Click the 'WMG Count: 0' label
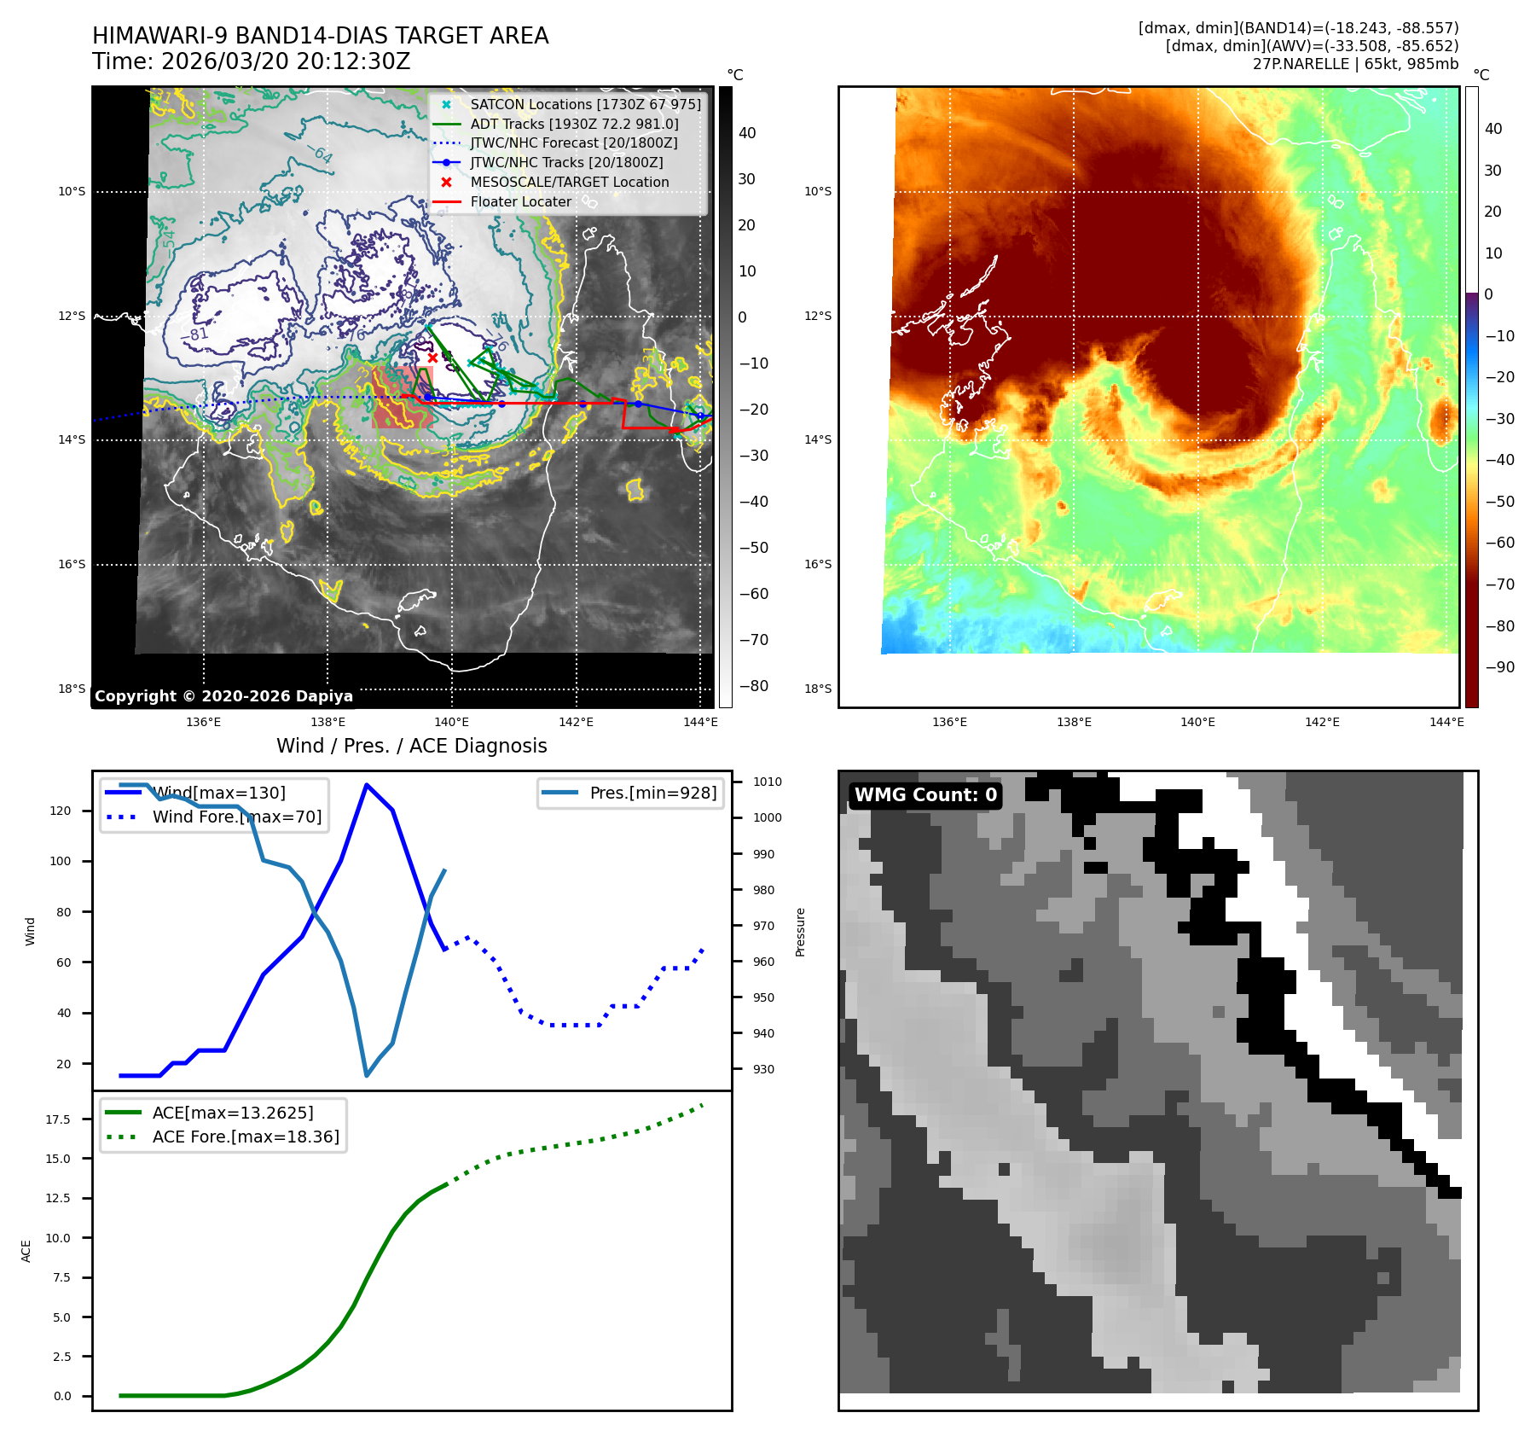[x=925, y=795]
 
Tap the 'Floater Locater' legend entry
[x=520, y=202]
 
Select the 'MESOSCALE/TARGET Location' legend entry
[x=569, y=183]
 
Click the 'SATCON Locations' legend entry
[x=585, y=105]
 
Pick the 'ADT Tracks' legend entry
[x=574, y=125]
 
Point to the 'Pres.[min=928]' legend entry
[x=652, y=793]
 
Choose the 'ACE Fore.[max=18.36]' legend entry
[x=245, y=1137]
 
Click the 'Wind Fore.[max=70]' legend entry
[x=236, y=817]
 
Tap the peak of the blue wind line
[x=367, y=785]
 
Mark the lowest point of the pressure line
[x=367, y=1075]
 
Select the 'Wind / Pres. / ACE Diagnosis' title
[x=411, y=746]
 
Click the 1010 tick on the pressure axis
[x=767, y=782]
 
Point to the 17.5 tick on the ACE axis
[x=58, y=1119]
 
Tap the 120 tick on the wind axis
[x=61, y=811]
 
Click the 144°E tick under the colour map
[x=1446, y=723]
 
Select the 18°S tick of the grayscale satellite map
[x=72, y=689]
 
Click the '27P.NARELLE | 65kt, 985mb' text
[x=1355, y=64]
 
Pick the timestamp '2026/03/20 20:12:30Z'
[x=286, y=62]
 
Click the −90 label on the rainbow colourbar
[x=1499, y=667]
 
